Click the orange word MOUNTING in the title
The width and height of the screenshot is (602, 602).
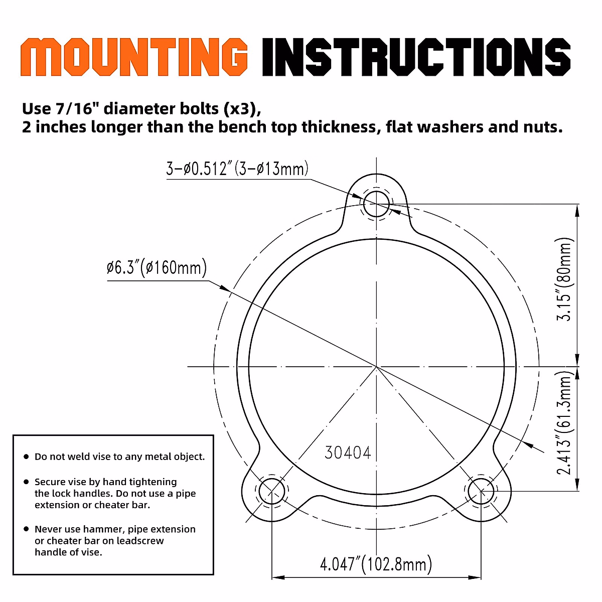pos(134,57)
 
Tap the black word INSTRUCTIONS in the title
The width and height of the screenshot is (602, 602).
pos(416,57)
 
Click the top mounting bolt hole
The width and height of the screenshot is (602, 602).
pos(376,204)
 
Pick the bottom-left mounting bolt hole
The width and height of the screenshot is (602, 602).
pos(272,491)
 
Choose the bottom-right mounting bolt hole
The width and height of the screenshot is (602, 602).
pos(481,491)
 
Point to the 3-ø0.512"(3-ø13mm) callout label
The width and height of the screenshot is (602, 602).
pos(237,169)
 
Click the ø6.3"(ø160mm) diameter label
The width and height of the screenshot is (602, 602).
pos(157,268)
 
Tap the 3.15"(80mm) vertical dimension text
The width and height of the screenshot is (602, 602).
pos(565,279)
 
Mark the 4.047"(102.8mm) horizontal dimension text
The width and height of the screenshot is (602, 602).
pos(376,565)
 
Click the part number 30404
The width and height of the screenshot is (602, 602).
pos(348,453)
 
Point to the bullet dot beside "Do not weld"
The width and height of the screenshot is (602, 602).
pos(26,457)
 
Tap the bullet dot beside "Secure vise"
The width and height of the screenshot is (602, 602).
pos(26,482)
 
